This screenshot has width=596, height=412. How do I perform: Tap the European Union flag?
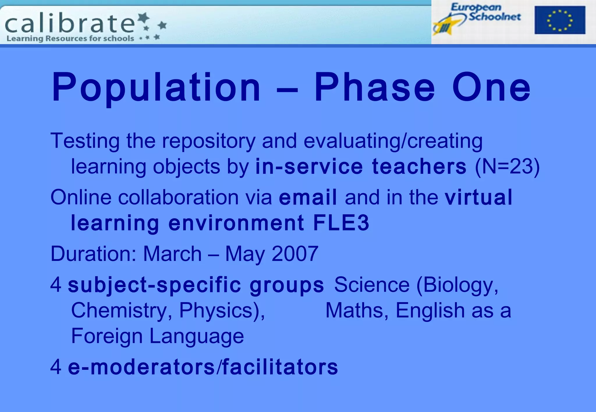pos(560,20)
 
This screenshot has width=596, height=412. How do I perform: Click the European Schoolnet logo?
pos(477,18)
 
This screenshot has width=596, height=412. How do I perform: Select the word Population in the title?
pos(156,87)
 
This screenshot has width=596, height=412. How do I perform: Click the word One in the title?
pos(491,87)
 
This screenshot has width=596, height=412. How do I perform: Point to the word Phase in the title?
pos(375,87)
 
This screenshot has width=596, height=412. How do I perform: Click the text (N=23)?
pos(507,166)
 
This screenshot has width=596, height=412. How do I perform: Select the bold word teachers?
pos(419,166)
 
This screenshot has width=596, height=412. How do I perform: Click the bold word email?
pos(308,197)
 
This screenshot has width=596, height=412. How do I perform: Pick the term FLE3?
pos(341,223)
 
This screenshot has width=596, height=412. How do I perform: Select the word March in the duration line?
pos(172,254)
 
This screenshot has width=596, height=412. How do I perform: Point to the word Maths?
pos(357,311)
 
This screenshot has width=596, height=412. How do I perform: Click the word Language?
pos(196,336)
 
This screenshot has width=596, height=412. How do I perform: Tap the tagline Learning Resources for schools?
pos(70,38)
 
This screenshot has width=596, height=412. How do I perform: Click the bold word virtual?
pos(478,197)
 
